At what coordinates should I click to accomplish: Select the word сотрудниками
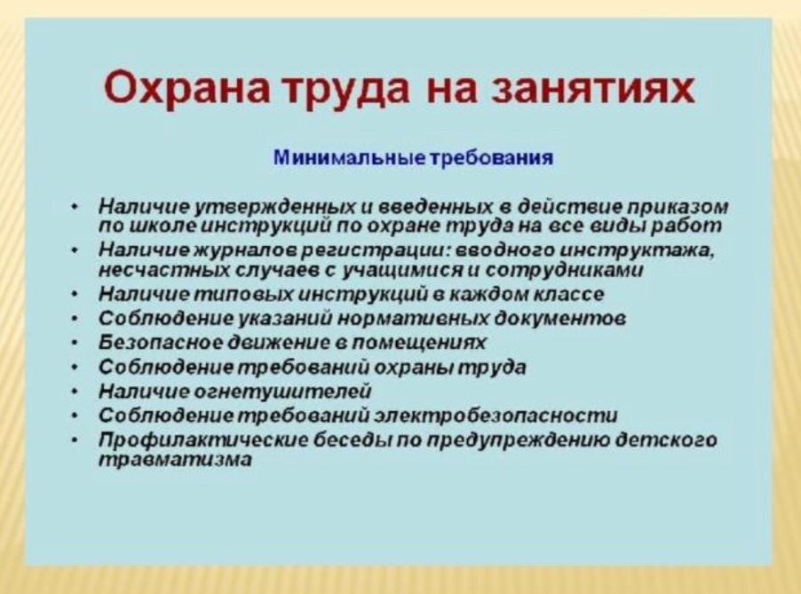[x=563, y=270]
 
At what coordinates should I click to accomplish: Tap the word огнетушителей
[x=282, y=392]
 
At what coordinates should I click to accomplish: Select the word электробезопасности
[x=496, y=415]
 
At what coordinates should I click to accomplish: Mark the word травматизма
[x=175, y=460]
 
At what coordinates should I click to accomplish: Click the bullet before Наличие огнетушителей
[x=75, y=392]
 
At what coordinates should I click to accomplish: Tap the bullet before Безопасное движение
[x=75, y=342]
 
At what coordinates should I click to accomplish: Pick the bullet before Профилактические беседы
[x=75, y=440]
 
